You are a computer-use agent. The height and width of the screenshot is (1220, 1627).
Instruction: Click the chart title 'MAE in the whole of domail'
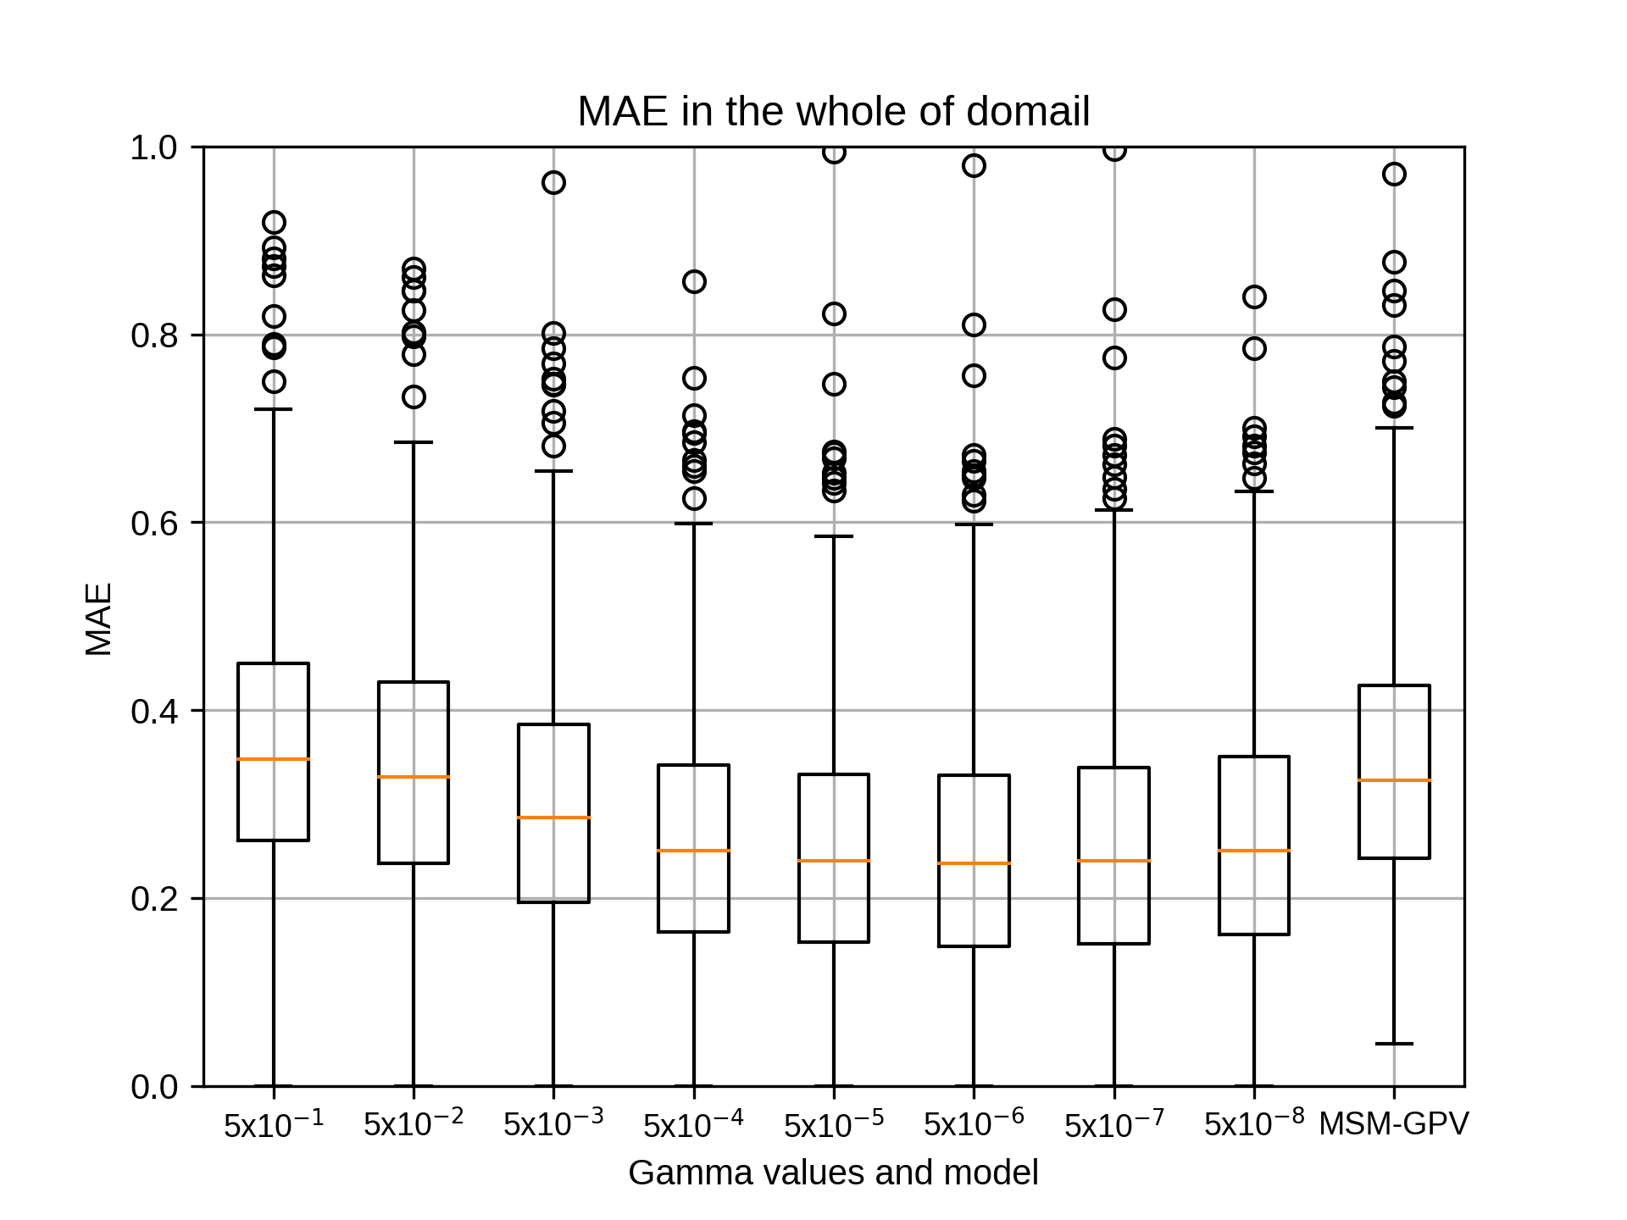[x=833, y=111]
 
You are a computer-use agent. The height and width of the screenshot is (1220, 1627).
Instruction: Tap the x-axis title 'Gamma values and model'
[x=833, y=1173]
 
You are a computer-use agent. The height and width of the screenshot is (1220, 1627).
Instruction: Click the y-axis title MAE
[x=99, y=619]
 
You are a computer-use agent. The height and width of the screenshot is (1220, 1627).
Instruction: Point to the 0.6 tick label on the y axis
[x=155, y=524]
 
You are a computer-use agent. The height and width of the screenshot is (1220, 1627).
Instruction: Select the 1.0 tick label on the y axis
[x=155, y=148]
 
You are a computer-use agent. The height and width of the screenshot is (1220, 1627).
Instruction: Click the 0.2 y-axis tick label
[x=155, y=899]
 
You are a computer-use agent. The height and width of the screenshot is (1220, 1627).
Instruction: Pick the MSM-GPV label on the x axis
[x=1394, y=1124]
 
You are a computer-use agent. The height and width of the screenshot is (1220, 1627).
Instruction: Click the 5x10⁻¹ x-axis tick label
[x=274, y=1123]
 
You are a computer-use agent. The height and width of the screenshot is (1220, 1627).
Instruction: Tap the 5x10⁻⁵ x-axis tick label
[x=834, y=1123]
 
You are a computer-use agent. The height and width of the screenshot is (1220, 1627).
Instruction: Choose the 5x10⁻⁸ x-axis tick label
[x=1254, y=1123]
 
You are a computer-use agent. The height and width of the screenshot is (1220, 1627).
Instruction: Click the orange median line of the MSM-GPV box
[x=1394, y=780]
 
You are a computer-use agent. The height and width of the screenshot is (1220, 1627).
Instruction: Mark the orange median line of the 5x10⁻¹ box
[x=274, y=759]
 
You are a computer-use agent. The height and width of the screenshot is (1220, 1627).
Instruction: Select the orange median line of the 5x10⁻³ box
[x=553, y=818]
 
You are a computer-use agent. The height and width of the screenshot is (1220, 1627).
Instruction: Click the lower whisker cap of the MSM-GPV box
[x=1394, y=1044]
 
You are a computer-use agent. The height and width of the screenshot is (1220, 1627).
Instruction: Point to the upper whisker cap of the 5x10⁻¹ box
[x=274, y=409]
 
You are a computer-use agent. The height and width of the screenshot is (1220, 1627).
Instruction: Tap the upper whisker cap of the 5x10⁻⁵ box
[x=834, y=536]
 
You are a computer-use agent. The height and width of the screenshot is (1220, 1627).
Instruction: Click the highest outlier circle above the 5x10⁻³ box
[x=553, y=183]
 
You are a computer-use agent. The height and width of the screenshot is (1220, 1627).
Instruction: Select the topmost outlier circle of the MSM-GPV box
[x=1394, y=175]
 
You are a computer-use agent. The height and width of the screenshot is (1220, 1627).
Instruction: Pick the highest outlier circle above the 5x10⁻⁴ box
[x=694, y=282]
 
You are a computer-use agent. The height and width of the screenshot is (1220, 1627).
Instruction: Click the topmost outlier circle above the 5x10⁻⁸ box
[x=1254, y=297]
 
